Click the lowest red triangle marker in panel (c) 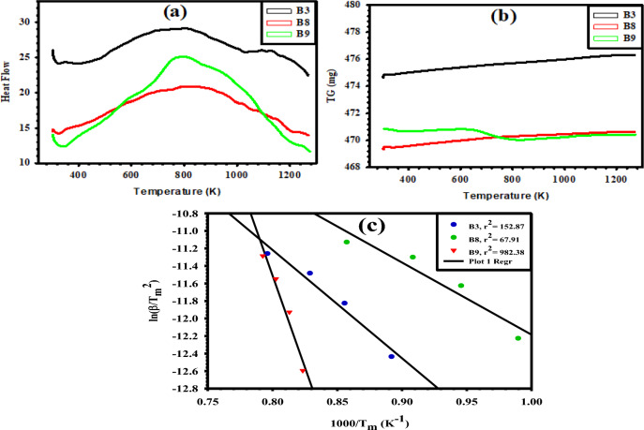[302, 371]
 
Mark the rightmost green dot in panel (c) [517, 338]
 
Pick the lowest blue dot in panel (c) [391, 356]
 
